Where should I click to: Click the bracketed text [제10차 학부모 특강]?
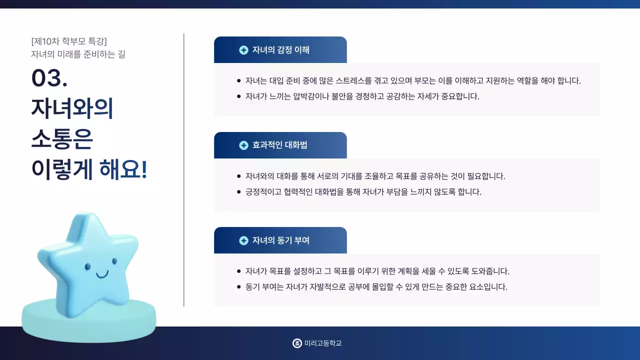click(x=69, y=41)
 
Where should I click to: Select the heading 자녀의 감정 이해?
click(x=280, y=50)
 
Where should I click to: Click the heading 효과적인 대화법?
click(x=279, y=145)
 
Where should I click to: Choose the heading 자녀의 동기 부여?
click(x=280, y=240)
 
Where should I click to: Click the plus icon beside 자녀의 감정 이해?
click(x=243, y=50)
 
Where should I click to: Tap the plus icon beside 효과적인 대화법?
click(x=243, y=145)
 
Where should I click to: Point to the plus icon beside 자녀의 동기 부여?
click(x=243, y=240)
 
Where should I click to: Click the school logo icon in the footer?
click(x=297, y=343)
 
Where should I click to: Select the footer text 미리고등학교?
click(x=323, y=343)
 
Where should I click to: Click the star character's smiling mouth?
click(x=101, y=274)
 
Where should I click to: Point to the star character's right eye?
click(x=114, y=261)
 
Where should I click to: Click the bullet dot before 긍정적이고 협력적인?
click(x=238, y=192)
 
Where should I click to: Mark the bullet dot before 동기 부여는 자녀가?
click(x=238, y=287)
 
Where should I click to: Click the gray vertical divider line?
click(x=184, y=170)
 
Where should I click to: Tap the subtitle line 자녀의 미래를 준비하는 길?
click(x=78, y=54)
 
